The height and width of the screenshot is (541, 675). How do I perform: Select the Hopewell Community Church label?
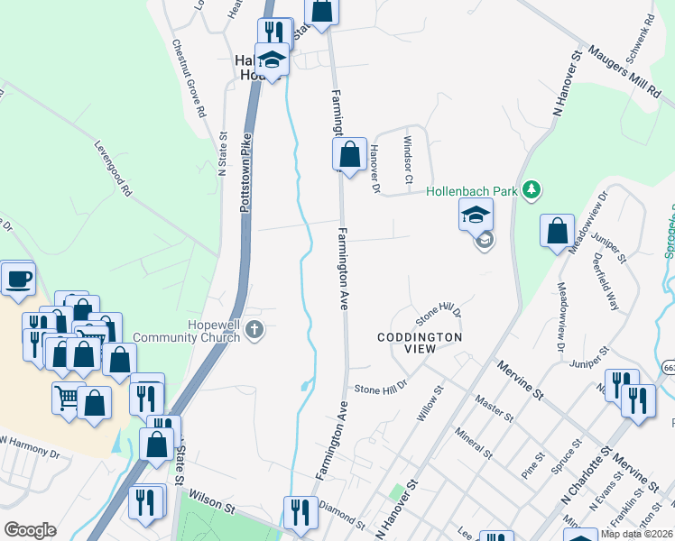coord(186,330)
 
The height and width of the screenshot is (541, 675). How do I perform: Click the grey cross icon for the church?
coord(254,330)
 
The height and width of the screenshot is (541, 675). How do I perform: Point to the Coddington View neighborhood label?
coord(420,343)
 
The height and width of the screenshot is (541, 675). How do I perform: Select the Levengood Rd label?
coord(113,167)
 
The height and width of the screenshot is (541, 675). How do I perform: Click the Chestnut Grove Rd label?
coord(190,80)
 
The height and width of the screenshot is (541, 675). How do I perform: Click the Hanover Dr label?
coord(373,167)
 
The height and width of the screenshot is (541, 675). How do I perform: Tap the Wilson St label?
coord(209,502)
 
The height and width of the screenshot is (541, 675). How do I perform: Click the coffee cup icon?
coord(17,279)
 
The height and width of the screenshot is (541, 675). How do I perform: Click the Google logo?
coord(30,530)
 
